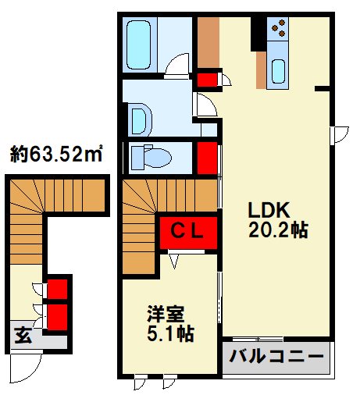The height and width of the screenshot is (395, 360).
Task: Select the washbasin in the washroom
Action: [141, 119]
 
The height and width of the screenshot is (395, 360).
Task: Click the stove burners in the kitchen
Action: [277, 29]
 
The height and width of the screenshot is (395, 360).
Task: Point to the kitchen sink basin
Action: [278, 71]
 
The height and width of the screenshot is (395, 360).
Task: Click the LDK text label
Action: [269, 210]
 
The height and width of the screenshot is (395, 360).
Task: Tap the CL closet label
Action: [187, 230]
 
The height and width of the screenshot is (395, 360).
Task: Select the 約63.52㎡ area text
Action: [58, 155]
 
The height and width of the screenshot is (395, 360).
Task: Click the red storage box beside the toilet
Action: [206, 158]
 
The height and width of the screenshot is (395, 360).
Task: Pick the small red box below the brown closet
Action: [206, 79]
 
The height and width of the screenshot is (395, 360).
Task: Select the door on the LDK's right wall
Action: [340, 135]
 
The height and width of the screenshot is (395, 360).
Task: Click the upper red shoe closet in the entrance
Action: [58, 289]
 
